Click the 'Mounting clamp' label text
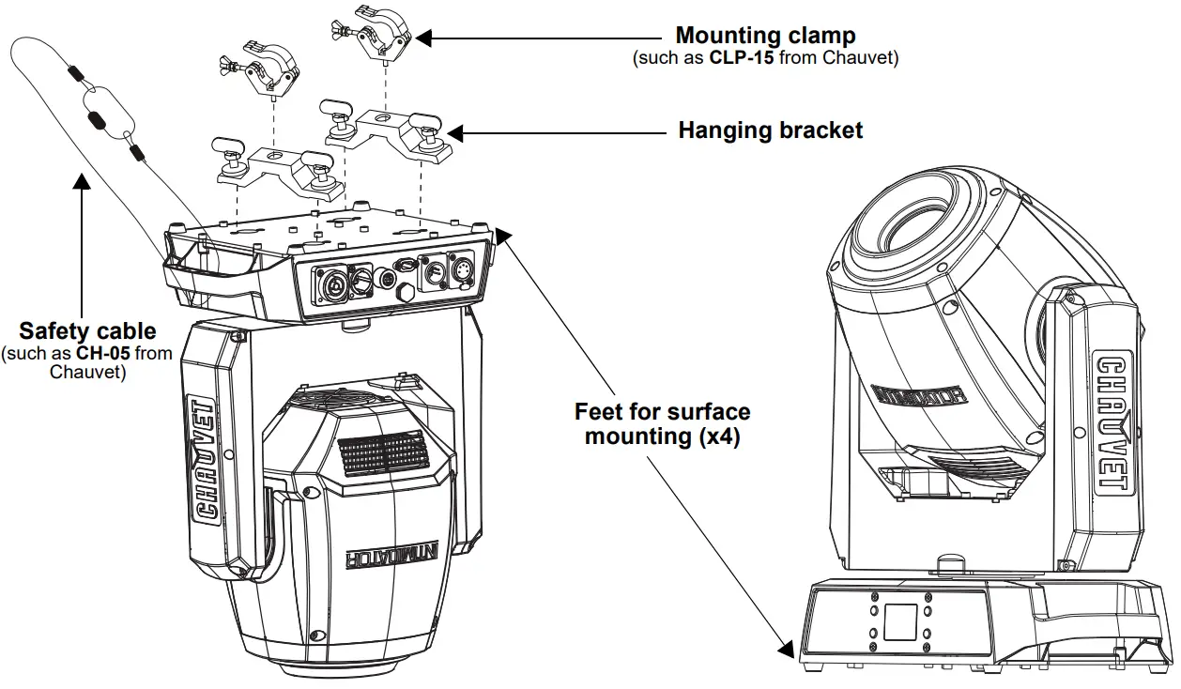click(765, 37)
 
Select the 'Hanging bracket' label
click(770, 130)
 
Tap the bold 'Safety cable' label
click(87, 330)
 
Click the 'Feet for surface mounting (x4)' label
click(662, 423)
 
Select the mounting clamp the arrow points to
click(380, 33)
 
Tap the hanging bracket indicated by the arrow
click(386, 129)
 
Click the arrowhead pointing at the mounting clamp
click(423, 38)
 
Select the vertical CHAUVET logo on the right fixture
click(1112, 423)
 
